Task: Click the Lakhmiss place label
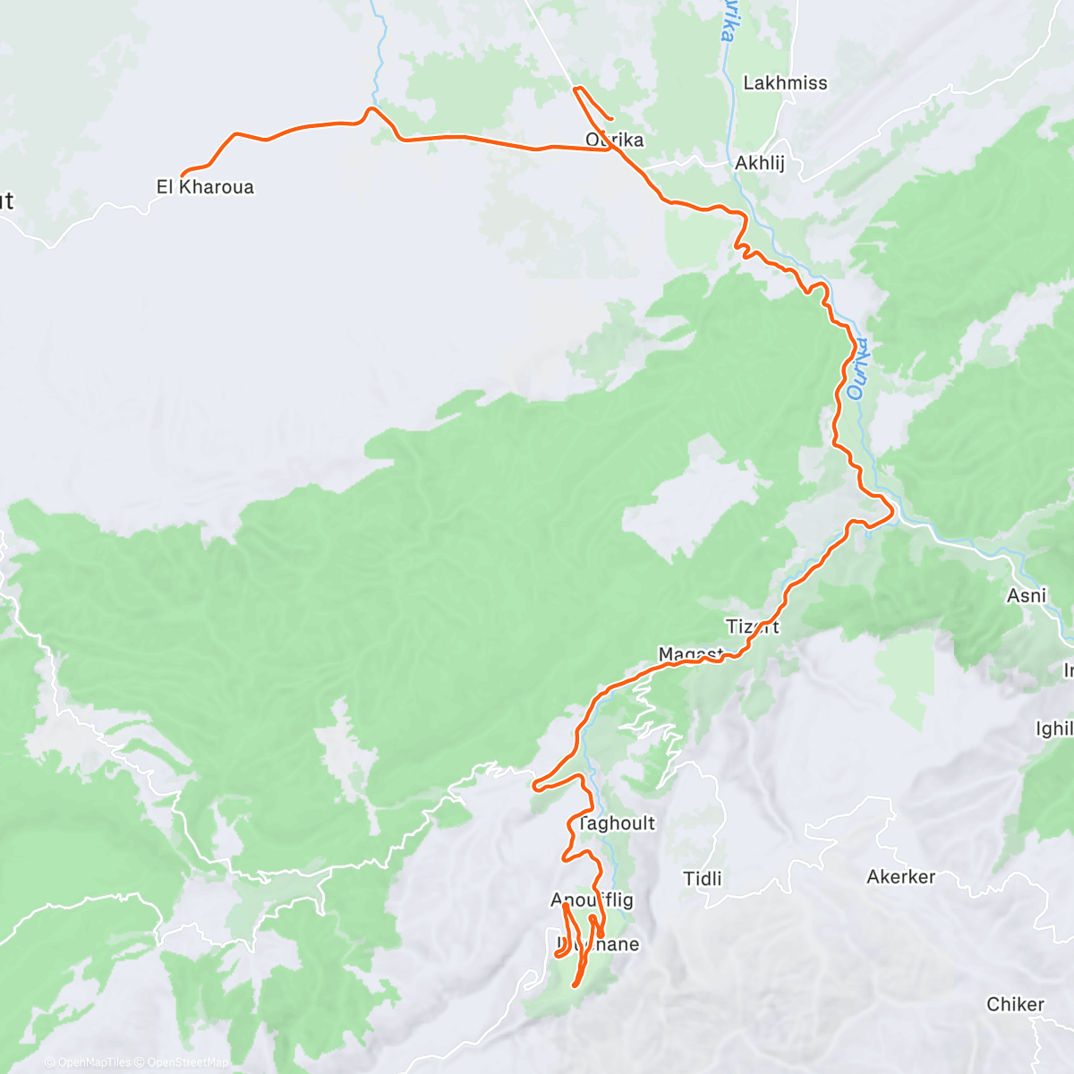pyautogui.click(x=785, y=83)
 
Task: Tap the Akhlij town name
pyautogui.click(x=759, y=164)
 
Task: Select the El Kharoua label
pyautogui.click(x=205, y=187)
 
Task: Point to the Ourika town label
pyautogui.click(x=614, y=140)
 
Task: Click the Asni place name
pyautogui.click(x=1026, y=595)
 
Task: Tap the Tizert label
pyautogui.click(x=752, y=626)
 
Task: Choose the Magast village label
pyautogui.click(x=690, y=654)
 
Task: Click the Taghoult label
pyautogui.click(x=617, y=823)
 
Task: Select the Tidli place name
pyautogui.click(x=703, y=879)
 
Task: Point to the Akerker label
pyautogui.click(x=900, y=877)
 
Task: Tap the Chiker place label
pyautogui.click(x=1015, y=1004)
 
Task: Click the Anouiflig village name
pyautogui.click(x=592, y=900)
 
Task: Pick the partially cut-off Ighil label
pyautogui.click(x=1053, y=729)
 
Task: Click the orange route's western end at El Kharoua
pyautogui.click(x=183, y=175)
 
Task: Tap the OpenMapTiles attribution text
pyautogui.click(x=94, y=1062)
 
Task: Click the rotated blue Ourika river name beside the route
pyautogui.click(x=858, y=367)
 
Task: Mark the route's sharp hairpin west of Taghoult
pyautogui.click(x=535, y=787)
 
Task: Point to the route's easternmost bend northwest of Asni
pyautogui.click(x=891, y=513)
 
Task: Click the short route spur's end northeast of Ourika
pyautogui.click(x=612, y=119)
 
